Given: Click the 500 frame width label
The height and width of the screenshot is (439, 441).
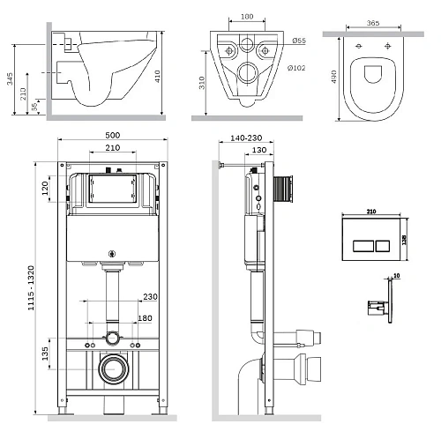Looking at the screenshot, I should point(111,135).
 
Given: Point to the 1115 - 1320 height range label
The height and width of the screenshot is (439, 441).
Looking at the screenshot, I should point(34,283).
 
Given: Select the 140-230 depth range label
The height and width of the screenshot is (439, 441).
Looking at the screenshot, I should point(243,138).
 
